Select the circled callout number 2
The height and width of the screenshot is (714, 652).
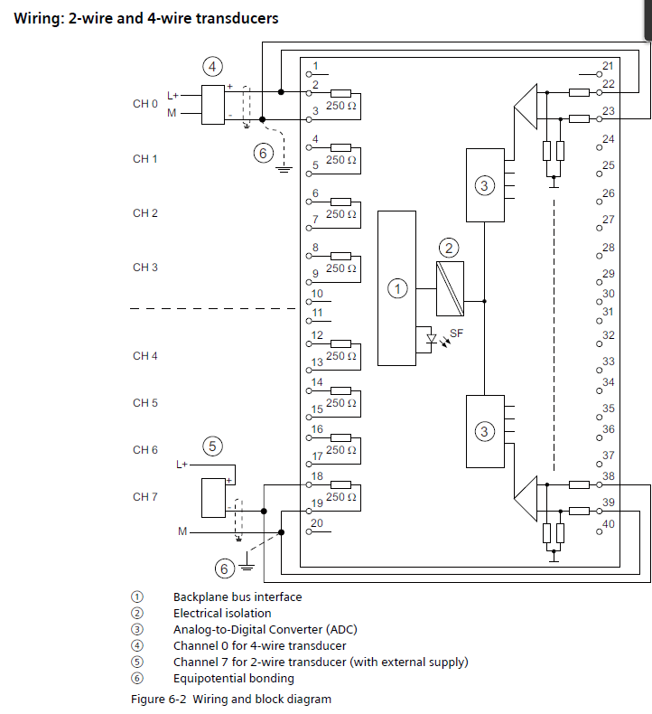pos(449,247)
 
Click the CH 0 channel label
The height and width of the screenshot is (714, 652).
pos(145,104)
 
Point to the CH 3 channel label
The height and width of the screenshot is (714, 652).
pos(145,268)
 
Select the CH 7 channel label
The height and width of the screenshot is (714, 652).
pos(145,497)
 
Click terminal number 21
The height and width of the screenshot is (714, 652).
pos(608,66)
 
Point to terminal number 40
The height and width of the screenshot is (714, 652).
pos(608,524)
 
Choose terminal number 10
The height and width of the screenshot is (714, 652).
pos(317,294)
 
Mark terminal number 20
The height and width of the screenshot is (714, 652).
pos(317,523)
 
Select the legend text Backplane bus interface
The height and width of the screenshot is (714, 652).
pos(238,597)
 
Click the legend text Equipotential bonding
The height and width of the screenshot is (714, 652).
pos(234,678)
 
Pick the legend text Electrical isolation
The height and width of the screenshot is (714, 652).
pos(222,613)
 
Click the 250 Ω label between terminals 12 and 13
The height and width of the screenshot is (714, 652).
pos(341,356)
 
